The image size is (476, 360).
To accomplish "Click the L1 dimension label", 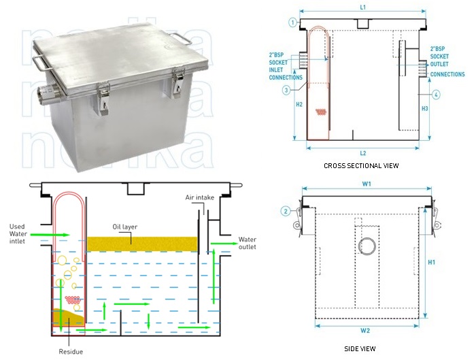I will pos(363,7).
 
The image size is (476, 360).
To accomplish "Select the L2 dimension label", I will pos(363,153).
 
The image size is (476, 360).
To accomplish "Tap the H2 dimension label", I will pos(300,105).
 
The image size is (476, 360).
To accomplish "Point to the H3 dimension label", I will pos(425,108).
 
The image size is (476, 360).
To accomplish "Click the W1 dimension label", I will pos(367,183).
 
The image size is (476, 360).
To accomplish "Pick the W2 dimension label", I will pos(367,331).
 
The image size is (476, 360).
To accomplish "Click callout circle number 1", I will pos(292,22).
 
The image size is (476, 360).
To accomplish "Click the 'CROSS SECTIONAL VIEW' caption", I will pos(362,165).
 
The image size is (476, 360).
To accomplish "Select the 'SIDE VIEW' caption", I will pos(360,348).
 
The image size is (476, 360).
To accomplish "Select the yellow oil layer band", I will pos(142,243).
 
